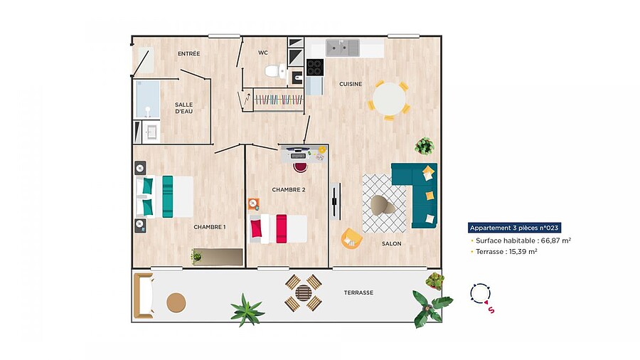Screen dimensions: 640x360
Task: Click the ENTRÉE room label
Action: pos(189,53)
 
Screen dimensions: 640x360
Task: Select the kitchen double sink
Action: pos(343,48)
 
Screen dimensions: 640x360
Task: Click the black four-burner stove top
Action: pos(315,68)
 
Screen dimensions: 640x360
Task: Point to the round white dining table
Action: pos(390,99)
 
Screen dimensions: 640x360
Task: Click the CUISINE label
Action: pos(351,84)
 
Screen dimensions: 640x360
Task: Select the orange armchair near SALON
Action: pos(351,238)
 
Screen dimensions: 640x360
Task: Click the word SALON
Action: pos(391,243)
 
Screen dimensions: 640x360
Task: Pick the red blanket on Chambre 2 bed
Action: pos(281,228)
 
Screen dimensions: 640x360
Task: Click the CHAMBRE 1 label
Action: pos(209,227)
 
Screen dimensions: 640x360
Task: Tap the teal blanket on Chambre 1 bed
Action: pos(167,197)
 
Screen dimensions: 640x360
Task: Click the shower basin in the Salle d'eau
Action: pos(147,99)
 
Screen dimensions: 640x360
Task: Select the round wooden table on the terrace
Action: pos(304,292)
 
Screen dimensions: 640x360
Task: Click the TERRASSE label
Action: pos(358,292)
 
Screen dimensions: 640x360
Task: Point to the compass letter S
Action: pos(491,310)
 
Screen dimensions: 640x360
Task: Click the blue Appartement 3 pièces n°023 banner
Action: pos(514,228)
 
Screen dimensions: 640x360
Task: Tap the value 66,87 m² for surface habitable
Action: pos(556,240)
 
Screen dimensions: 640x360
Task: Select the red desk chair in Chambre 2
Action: pos(300,167)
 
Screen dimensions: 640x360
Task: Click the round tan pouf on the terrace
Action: pos(176,303)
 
